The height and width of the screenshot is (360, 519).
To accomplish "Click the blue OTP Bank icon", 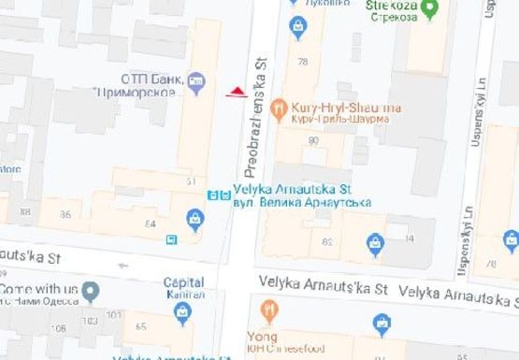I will click(x=195, y=83).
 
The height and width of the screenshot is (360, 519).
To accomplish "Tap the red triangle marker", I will click(x=238, y=92).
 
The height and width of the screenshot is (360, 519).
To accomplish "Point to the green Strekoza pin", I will click(x=429, y=10).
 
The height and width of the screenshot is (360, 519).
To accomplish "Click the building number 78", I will click(x=302, y=62).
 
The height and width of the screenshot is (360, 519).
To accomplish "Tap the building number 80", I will click(x=312, y=140).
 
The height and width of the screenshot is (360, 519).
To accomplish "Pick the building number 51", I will click(x=191, y=180).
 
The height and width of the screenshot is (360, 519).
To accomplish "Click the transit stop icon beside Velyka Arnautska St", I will click(x=218, y=195).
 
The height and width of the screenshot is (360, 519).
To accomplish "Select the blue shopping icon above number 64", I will click(x=195, y=220).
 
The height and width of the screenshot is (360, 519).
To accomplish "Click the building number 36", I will click(x=65, y=215).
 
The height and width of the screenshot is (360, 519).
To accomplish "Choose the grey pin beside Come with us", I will click(x=90, y=293).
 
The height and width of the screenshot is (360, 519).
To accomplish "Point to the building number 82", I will click(x=327, y=242).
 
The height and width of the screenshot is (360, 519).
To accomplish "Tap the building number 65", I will click(x=141, y=326).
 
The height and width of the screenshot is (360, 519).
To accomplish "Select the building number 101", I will click(x=114, y=315).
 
